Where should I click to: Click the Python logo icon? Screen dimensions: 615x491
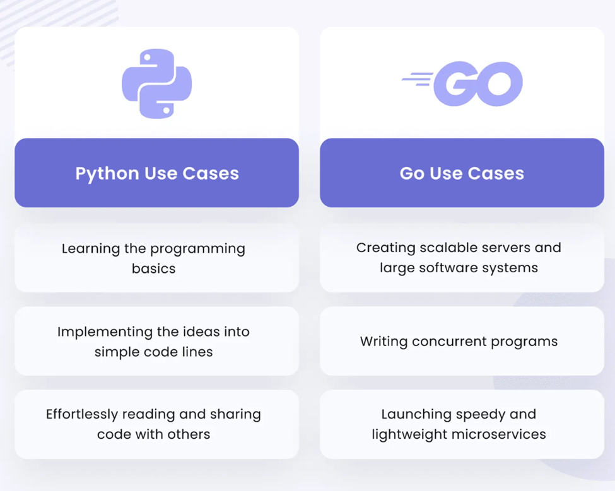pos(156,83)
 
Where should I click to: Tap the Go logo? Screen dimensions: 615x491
pos(462,83)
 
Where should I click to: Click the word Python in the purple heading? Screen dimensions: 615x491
pos(107,173)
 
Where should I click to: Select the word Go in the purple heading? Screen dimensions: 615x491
pos(412,173)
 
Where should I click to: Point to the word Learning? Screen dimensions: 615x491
pos(91,249)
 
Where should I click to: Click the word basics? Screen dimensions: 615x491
pos(154,269)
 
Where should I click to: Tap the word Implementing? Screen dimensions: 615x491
pos(105,332)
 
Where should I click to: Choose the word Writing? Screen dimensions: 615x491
pos(384,342)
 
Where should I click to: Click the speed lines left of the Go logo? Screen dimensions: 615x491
pos(418,79)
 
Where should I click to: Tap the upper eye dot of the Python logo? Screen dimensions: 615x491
pos(147,57)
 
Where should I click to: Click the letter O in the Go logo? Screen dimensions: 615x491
pos(498,83)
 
